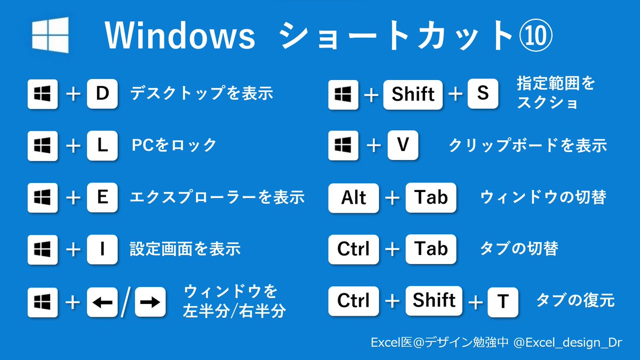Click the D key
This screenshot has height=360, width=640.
(x=102, y=94)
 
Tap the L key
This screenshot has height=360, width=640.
(x=102, y=146)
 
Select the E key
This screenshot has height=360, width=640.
(x=102, y=197)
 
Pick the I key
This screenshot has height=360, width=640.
(x=102, y=250)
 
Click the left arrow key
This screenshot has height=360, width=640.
(x=102, y=302)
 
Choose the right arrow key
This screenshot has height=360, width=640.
(x=150, y=302)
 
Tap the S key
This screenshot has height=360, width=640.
(x=483, y=94)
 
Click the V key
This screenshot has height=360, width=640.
(x=403, y=145)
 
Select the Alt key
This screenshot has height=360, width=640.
(x=354, y=198)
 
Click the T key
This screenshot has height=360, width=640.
(x=503, y=302)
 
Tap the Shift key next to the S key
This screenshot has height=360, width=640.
(x=413, y=94)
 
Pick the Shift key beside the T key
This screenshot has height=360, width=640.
(x=434, y=301)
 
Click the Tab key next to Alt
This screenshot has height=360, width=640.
(x=431, y=197)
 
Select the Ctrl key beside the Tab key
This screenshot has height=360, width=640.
(x=354, y=250)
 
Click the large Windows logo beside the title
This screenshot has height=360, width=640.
(x=50, y=35)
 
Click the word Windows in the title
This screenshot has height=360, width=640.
(x=180, y=35)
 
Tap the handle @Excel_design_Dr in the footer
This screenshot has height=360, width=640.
(x=567, y=342)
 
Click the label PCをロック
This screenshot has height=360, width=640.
(x=174, y=145)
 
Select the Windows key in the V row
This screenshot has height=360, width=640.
(x=343, y=146)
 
